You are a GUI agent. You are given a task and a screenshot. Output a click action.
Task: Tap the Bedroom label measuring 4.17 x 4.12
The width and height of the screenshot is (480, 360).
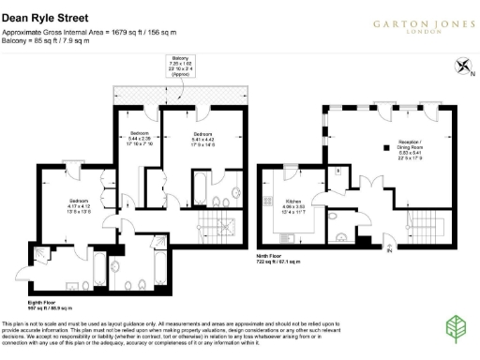click(x=77, y=202)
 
